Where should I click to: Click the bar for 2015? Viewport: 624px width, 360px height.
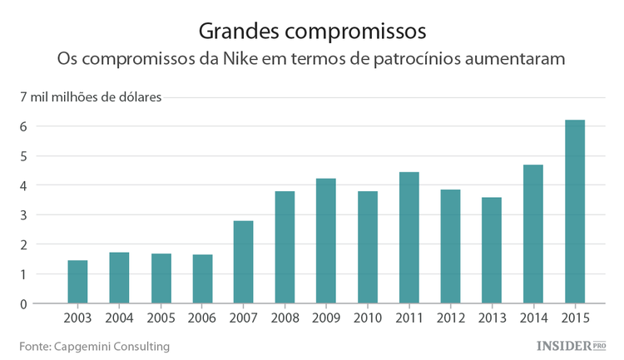575,212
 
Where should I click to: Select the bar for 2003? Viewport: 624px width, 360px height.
77,282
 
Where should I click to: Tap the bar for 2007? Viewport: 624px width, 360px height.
243,262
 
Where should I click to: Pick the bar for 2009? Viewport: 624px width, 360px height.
326,241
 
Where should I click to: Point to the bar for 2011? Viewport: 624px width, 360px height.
409,238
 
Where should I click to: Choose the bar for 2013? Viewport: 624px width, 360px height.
492,250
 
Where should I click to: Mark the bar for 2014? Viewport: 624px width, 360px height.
533,234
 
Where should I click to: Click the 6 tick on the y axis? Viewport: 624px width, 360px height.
25,126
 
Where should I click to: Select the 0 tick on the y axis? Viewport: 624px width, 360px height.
25,304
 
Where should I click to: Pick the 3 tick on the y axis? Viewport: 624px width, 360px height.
25,215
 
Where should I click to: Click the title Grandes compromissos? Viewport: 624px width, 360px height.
312,31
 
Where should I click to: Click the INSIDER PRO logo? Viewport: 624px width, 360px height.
570,345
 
